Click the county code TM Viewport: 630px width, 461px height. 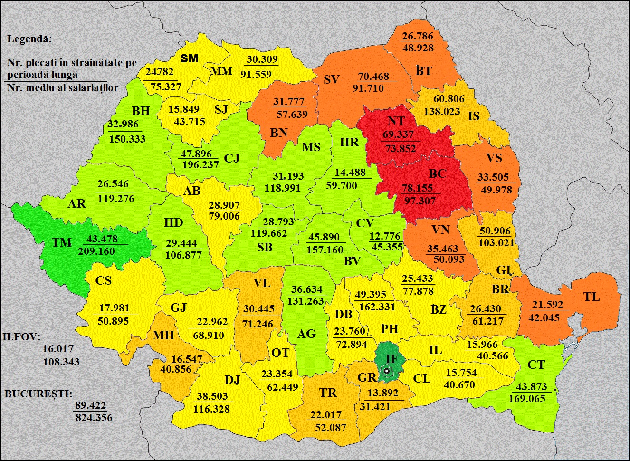pyautogui.click(x=61, y=242)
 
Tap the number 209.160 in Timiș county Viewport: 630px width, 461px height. pyautogui.click(x=96, y=251)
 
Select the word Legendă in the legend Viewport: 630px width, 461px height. pyautogui.click(x=29, y=39)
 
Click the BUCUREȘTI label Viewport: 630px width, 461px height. pyautogui.click(x=38, y=394)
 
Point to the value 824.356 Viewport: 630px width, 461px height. pyautogui.click(x=94, y=418)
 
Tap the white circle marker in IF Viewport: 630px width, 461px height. pyautogui.click(x=387, y=371)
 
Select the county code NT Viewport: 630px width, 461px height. pyautogui.click(x=396, y=121)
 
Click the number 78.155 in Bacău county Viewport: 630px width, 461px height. pyautogui.click(x=418, y=188)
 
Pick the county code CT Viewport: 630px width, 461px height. pyautogui.click(x=536, y=365)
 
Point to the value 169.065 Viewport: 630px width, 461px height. pyautogui.click(x=527, y=399)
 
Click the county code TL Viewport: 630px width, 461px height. pyautogui.click(x=591, y=297)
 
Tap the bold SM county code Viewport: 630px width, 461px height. pyautogui.click(x=190, y=58)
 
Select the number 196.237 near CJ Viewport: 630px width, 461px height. pyautogui.click(x=200, y=165)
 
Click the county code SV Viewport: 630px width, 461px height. pyautogui.click(x=332, y=79)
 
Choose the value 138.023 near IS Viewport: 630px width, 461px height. pyautogui.click(x=442, y=112)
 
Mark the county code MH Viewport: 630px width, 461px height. pyautogui.click(x=163, y=335)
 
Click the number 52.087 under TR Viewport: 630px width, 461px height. pyautogui.click(x=331, y=428)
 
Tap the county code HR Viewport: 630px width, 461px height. pyautogui.click(x=350, y=142)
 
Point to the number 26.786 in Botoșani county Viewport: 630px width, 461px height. pyautogui.click(x=418, y=36)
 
